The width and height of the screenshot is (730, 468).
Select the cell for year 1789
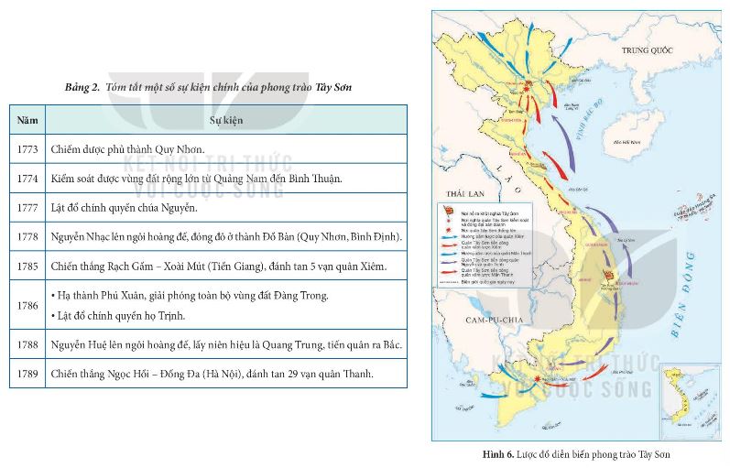27,374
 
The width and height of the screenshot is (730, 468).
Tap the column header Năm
27,120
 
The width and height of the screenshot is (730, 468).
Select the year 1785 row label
27,267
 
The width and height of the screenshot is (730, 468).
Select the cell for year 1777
27,207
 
